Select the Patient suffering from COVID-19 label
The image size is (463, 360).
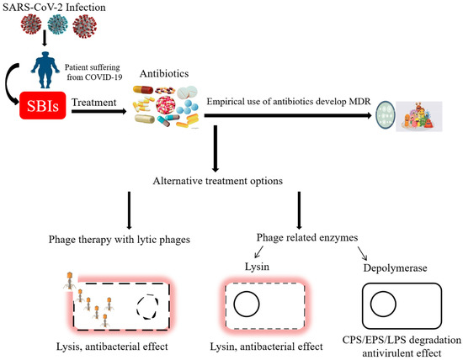point(97,79)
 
